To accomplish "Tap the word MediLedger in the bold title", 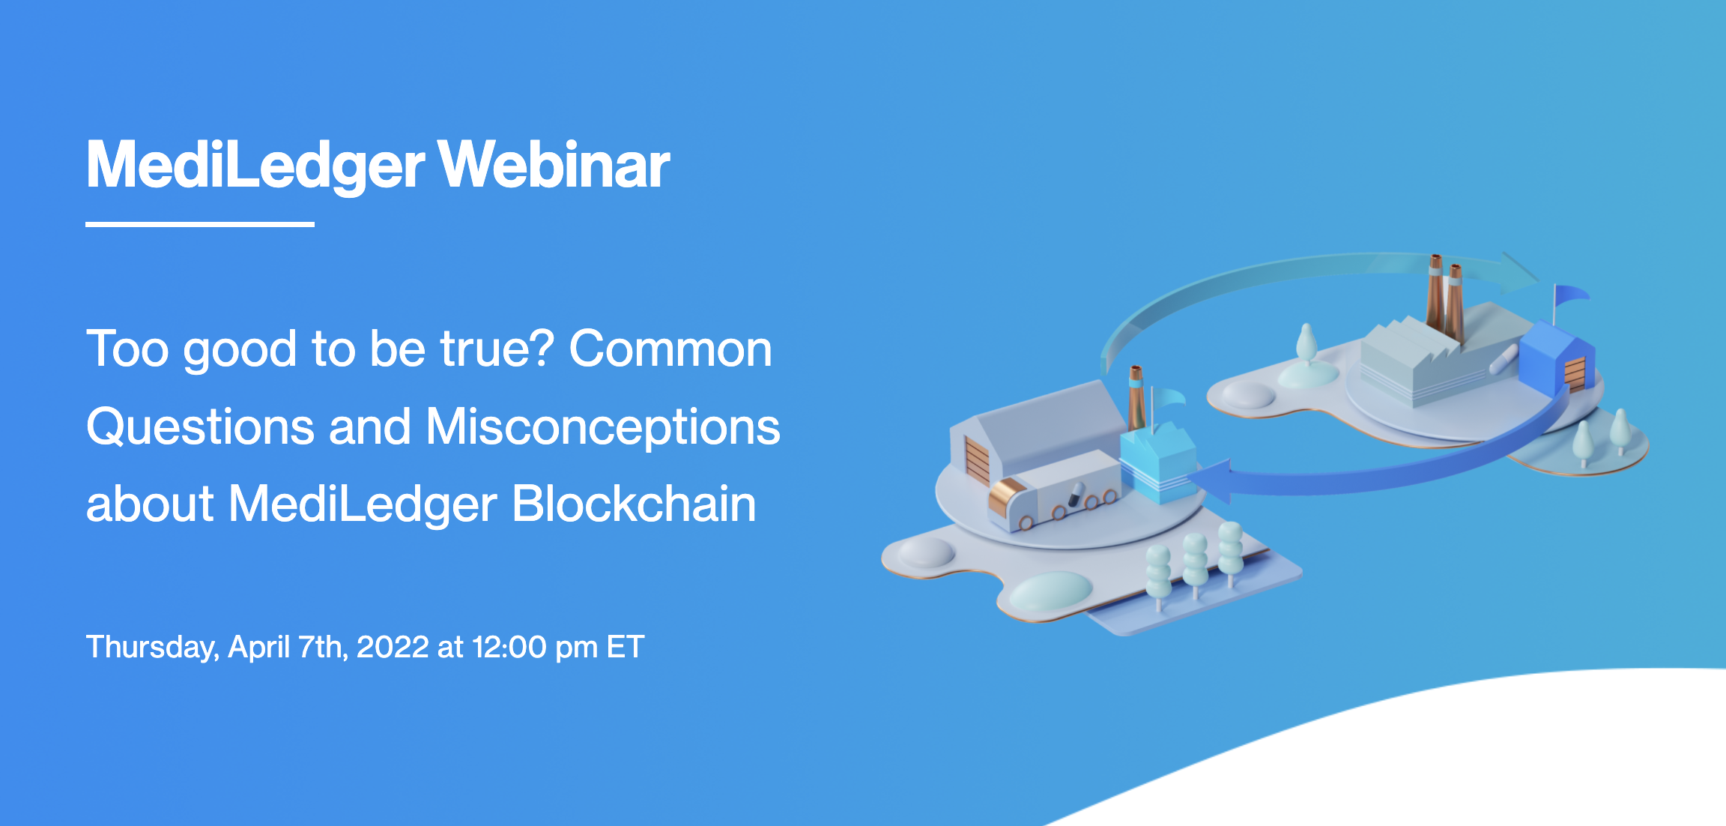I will [255, 166].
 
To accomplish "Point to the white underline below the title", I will [199, 223].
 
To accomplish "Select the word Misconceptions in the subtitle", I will [603, 426].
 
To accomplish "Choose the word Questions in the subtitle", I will [199, 426].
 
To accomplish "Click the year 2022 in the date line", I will [393, 647].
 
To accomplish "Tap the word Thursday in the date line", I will [151, 647].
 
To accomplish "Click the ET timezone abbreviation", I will [625, 647].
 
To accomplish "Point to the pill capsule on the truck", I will [1076, 494].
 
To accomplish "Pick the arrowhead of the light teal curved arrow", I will [1521, 271].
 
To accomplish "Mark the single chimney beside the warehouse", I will [1136, 397].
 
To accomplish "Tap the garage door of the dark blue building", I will [1575, 373].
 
